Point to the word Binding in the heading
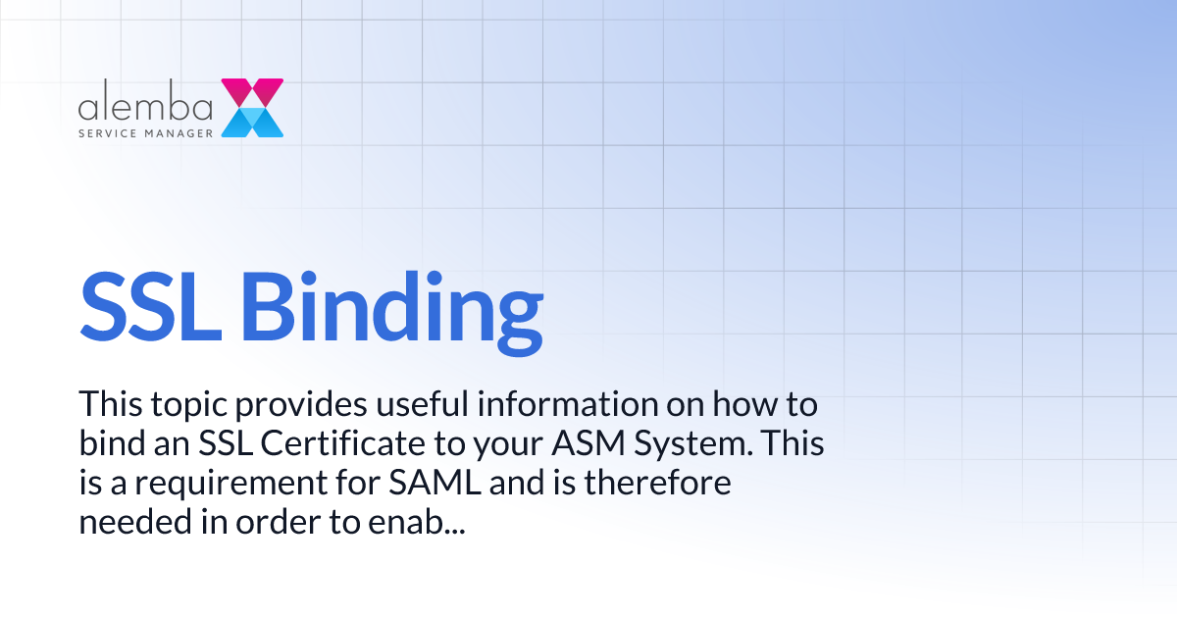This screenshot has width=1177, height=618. point(392,304)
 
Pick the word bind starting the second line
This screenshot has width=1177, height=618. point(109,443)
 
